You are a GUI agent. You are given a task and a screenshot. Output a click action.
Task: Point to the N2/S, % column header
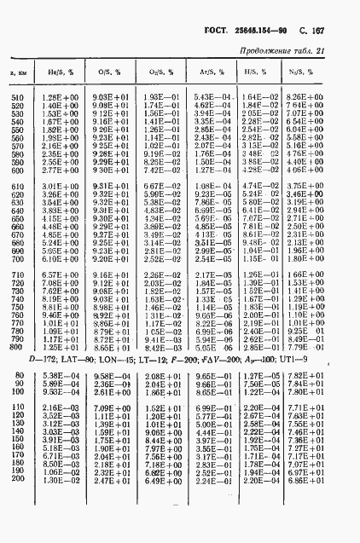coord(300,72)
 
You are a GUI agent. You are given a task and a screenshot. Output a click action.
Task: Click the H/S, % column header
coord(253,72)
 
